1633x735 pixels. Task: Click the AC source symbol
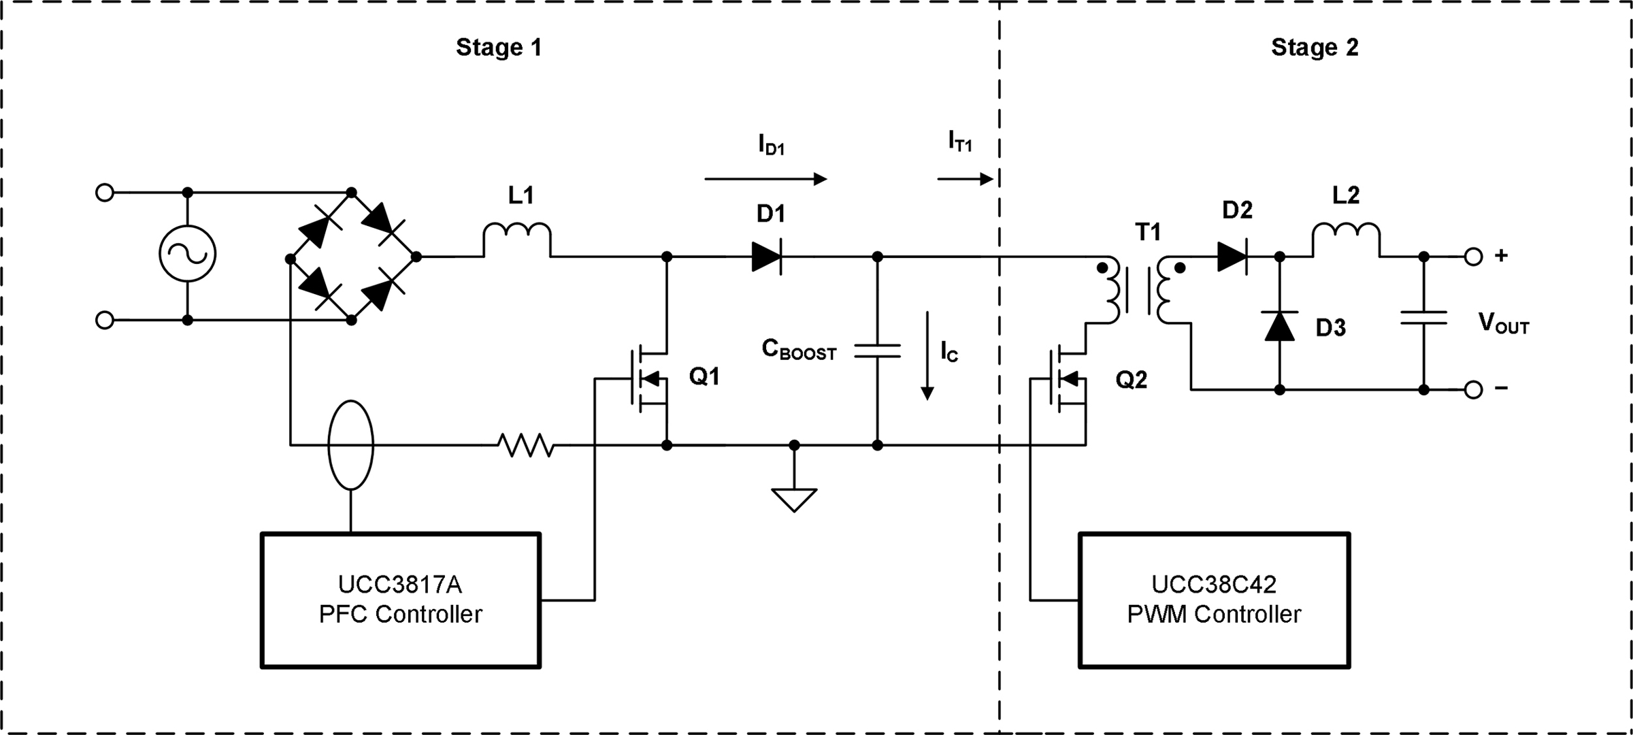(x=187, y=254)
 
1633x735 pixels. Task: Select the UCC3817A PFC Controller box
(x=401, y=600)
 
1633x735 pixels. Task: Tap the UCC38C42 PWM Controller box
(x=1214, y=600)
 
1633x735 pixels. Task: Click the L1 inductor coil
(x=517, y=238)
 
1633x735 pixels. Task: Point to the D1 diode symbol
(x=767, y=257)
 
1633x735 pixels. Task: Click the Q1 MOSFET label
(x=704, y=376)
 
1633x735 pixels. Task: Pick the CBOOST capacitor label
(x=798, y=350)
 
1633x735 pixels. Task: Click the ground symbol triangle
(x=794, y=500)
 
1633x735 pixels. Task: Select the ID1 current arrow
(x=765, y=179)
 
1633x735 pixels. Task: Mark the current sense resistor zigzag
(x=525, y=445)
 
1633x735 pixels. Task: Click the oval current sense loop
(x=350, y=445)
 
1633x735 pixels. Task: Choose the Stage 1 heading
(x=499, y=48)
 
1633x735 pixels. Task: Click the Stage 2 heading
(x=1315, y=48)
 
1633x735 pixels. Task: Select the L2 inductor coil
(x=1346, y=238)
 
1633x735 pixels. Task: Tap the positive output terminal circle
(x=1473, y=257)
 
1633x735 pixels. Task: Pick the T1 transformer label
(x=1148, y=233)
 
